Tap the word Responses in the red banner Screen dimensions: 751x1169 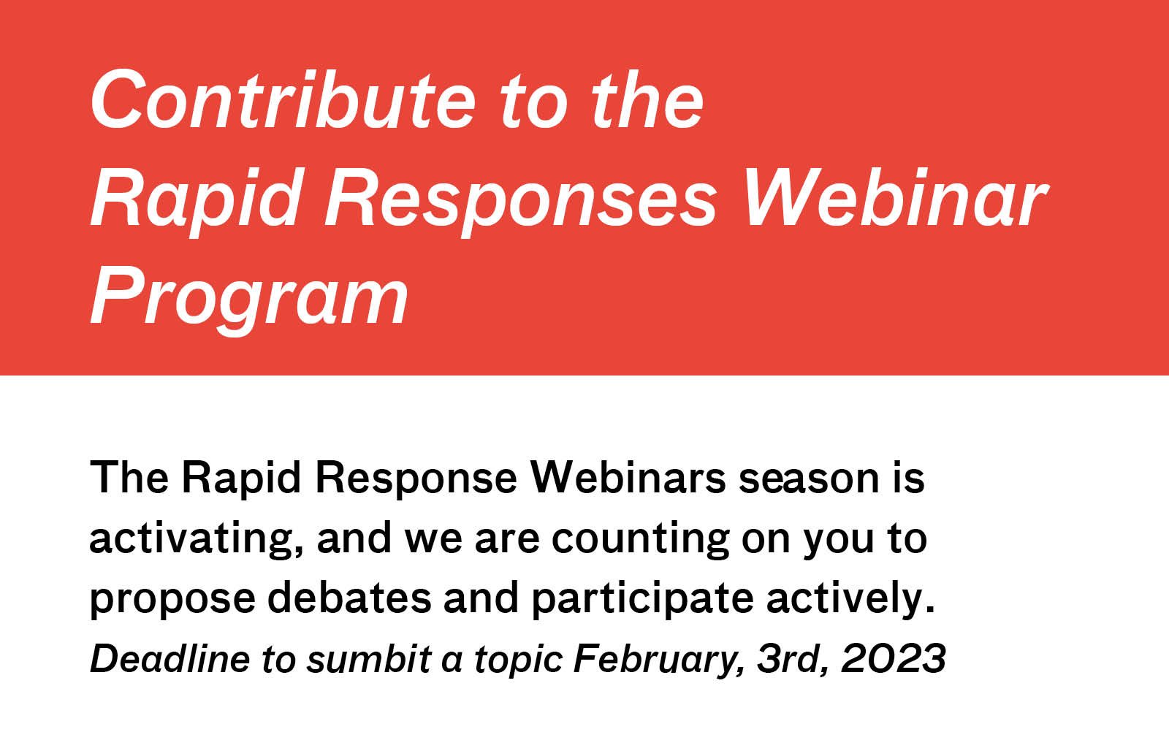pos(520,199)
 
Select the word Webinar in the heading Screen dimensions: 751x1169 pos(896,199)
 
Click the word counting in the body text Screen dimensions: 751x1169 pos(640,538)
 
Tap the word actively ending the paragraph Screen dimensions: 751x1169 pos(849,598)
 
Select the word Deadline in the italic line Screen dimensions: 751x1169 pos(170,658)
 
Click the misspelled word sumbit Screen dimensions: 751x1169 pos(368,658)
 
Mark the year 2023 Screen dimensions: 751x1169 pos(893,658)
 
